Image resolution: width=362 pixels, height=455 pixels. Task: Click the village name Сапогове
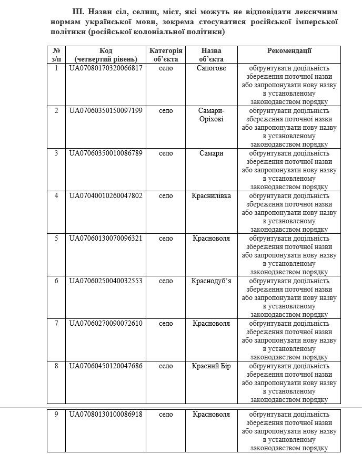(x=211, y=68)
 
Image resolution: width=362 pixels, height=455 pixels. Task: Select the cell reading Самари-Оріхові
(x=211, y=115)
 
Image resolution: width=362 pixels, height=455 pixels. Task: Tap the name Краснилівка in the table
(x=211, y=196)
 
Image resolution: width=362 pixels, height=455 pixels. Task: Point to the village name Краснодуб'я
(x=211, y=281)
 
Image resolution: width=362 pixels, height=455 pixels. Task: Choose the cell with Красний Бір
(x=211, y=366)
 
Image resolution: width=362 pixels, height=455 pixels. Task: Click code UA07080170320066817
(x=106, y=68)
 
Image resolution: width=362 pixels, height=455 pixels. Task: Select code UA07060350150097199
(x=106, y=111)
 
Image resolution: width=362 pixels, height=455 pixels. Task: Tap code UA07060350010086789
(x=106, y=153)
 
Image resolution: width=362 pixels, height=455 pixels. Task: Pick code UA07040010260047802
(x=106, y=196)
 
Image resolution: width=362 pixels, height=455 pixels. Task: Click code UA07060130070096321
(x=106, y=239)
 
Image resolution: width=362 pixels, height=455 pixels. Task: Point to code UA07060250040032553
(x=106, y=281)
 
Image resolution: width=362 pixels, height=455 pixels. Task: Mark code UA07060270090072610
(x=106, y=323)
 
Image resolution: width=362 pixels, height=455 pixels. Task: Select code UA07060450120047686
(x=106, y=366)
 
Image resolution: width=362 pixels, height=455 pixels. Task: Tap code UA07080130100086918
(x=106, y=415)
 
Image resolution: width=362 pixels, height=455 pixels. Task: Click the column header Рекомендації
(x=289, y=51)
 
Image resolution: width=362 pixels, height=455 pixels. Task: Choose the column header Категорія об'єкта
(x=166, y=55)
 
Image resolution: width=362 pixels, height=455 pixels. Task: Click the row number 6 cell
(x=56, y=281)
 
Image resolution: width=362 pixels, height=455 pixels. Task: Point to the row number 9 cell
(x=56, y=415)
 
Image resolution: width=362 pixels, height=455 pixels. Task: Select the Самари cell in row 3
(x=211, y=153)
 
